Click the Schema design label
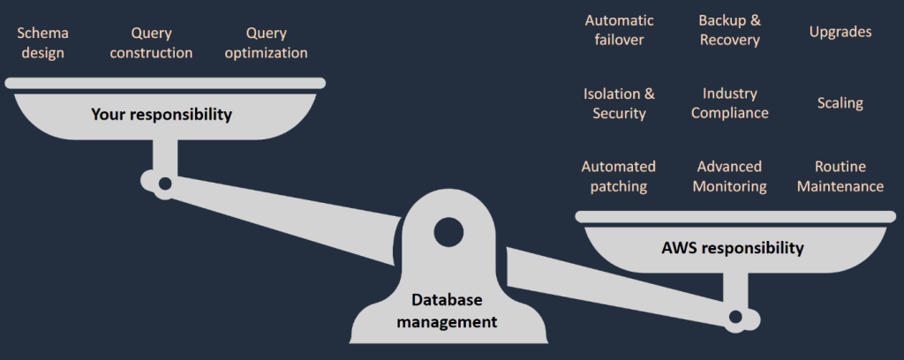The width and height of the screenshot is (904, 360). click(42, 42)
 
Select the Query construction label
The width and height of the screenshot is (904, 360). click(151, 42)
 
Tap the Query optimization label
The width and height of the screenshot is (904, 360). click(266, 42)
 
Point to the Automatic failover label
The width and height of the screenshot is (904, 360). click(619, 30)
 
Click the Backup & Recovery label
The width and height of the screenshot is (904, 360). click(729, 30)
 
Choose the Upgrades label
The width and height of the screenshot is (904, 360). click(840, 32)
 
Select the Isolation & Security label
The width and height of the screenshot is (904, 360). click(619, 103)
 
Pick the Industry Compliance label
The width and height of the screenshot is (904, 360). click(729, 103)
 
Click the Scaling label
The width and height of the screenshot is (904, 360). click(840, 103)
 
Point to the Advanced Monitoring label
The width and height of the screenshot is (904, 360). click(729, 176)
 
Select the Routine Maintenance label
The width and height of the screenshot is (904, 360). click(840, 176)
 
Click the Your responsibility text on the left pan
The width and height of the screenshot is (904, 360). click(161, 115)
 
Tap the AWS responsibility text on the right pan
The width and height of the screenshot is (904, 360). click(732, 248)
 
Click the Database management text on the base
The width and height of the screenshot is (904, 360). click(446, 311)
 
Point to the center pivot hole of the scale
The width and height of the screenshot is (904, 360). click(447, 232)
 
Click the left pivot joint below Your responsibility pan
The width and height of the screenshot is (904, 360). click(163, 184)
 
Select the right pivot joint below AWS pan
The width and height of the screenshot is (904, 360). click(734, 317)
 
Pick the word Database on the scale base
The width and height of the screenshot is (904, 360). click(446, 301)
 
